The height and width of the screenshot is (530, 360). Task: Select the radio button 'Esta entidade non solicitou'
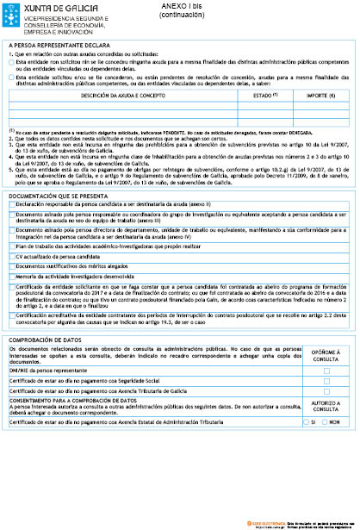point(10,59)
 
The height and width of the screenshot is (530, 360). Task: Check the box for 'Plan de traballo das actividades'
point(11,246)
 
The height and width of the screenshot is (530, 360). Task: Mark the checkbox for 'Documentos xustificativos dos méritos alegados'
point(11,266)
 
